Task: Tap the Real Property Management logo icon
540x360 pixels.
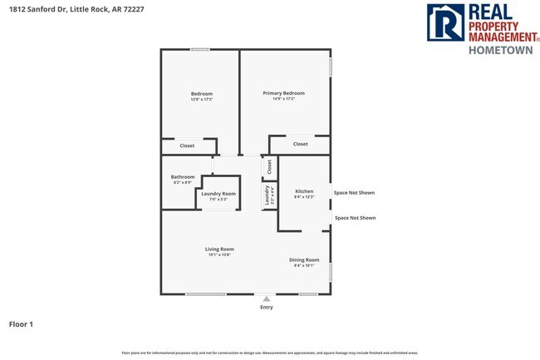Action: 446,22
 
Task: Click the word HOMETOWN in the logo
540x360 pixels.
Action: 503,49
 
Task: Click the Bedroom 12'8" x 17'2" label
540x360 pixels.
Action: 202,96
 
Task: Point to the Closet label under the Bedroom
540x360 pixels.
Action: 187,145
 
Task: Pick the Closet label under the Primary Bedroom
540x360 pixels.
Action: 300,144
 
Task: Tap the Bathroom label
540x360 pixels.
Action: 183,179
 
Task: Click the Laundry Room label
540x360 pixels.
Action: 218,195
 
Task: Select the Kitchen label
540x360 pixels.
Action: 304,194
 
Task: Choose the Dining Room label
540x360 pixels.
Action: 304,263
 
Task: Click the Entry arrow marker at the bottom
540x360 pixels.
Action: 266,298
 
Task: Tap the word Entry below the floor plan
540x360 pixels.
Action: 266,308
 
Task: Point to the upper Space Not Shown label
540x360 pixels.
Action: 355,192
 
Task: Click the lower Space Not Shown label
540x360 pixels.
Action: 356,218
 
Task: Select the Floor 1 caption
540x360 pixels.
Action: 21,324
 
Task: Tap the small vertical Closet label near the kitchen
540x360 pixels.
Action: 269,166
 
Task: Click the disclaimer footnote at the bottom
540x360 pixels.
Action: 270,353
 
